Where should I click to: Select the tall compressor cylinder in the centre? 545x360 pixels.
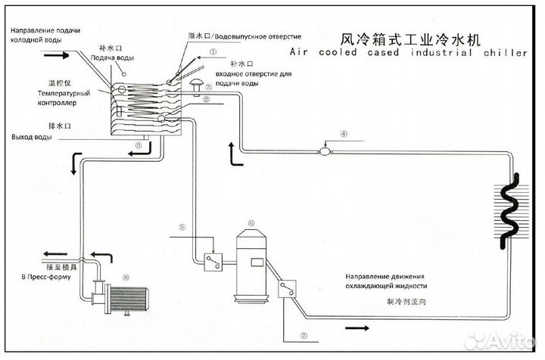(x=250, y=262)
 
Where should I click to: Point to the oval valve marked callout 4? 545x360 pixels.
(x=325, y=151)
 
